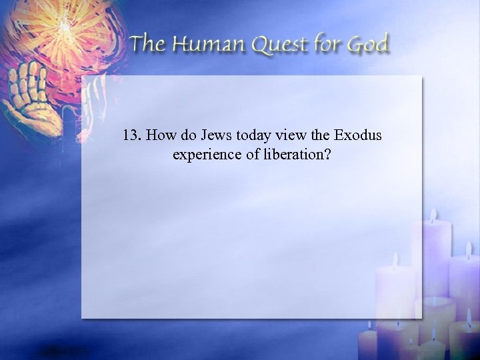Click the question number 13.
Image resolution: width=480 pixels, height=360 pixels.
pyautogui.click(x=132, y=136)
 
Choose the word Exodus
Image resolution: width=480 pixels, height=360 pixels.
pyautogui.click(x=358, y=136)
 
